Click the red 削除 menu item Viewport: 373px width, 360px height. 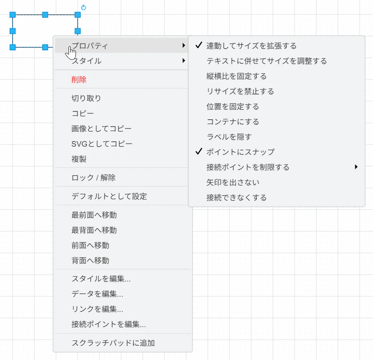(x=79, y=79)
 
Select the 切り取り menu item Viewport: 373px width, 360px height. (x=86, y=98)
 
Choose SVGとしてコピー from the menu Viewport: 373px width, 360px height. (x=102, y=144)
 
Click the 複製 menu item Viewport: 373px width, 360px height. (x=79, y=159)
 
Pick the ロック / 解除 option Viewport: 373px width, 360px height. (x=94, y=177)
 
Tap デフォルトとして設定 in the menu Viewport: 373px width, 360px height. (x=109, y=196)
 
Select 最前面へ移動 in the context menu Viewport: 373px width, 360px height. (x=94, y=215)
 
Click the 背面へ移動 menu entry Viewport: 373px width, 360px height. (x=90, y=261)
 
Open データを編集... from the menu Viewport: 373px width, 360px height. (x=97, y=294)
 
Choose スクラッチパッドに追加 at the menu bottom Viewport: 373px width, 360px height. (x=113, y=343)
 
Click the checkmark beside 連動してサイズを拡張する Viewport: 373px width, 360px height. (x=199, y=45)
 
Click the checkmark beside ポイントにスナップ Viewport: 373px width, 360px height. (x=199, y=151)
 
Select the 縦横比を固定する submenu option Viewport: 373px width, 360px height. (x=236, y=76)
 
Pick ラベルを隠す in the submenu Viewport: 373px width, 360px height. (x=229, y=137)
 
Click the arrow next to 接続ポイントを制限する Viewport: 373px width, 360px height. (x=356, y=167)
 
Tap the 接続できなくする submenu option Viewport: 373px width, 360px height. (x=236, y=197)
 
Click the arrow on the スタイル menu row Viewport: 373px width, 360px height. (x=183, y=61)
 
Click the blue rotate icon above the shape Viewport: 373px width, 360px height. (x=84, y=8)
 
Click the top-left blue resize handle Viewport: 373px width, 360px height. (x=13, y=15)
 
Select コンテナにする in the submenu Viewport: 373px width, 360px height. (x=232, y=121)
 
